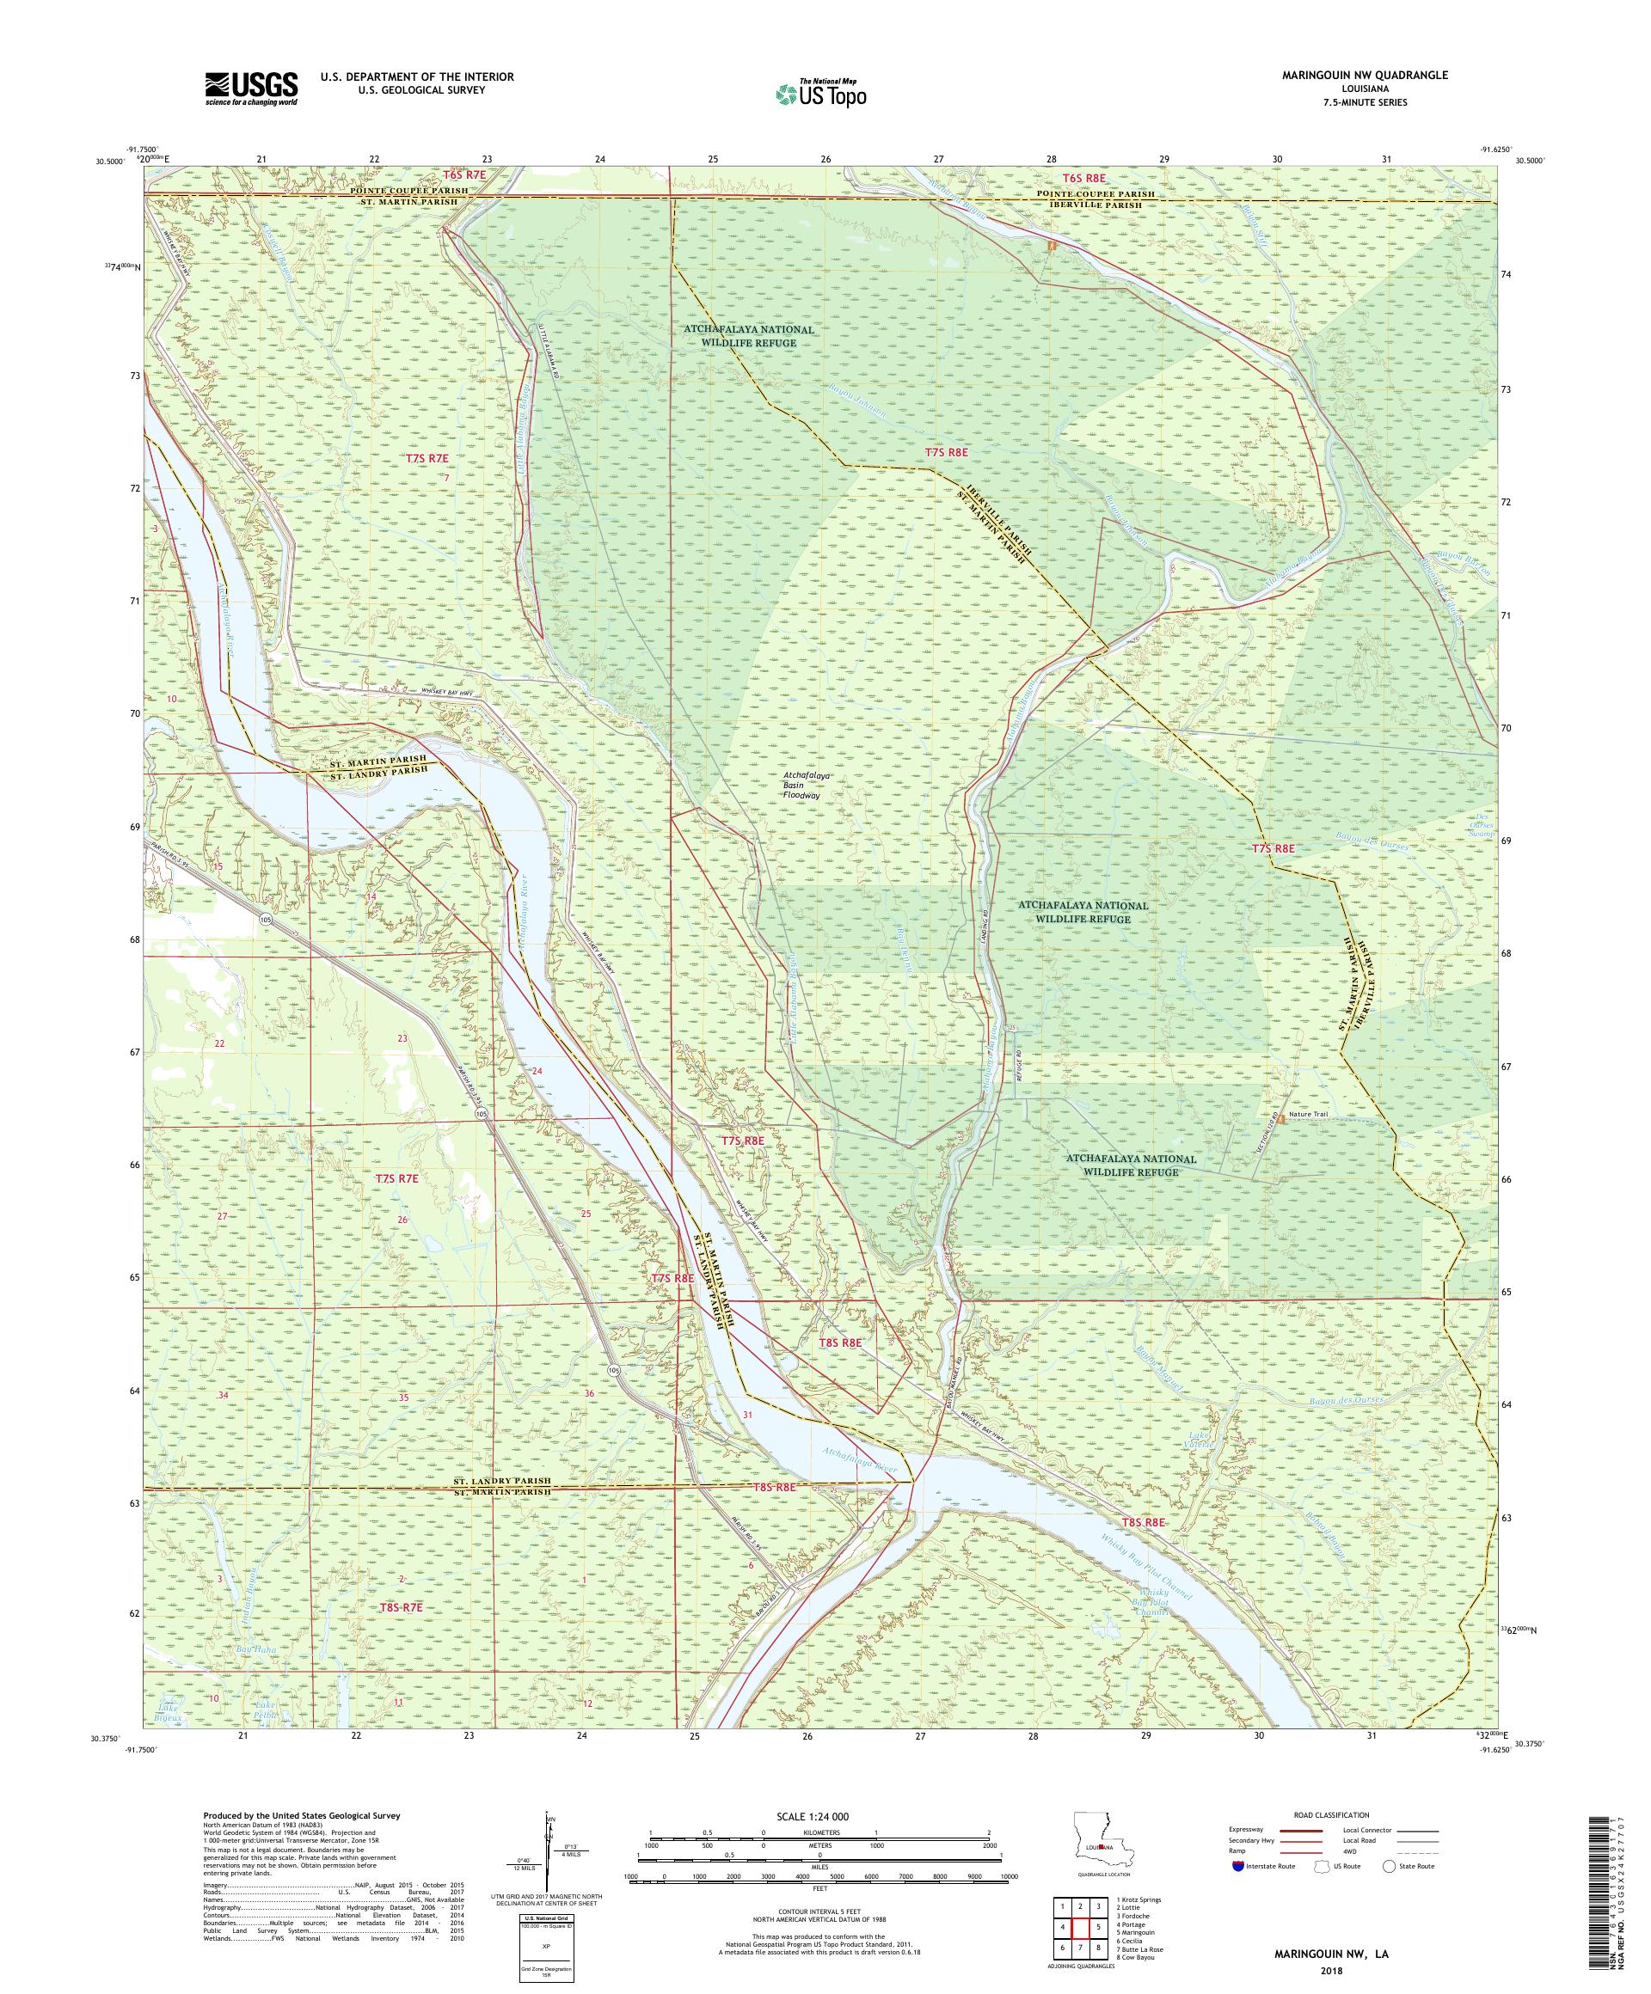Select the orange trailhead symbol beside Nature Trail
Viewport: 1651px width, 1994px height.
(x=1280, y=1118)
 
